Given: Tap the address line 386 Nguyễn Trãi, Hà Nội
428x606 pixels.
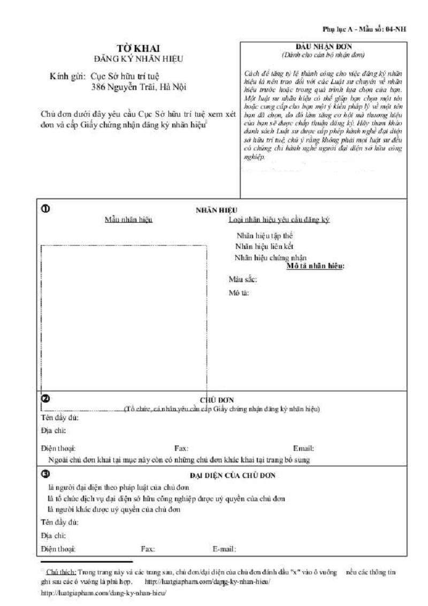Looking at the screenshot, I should click(x=139, y=86).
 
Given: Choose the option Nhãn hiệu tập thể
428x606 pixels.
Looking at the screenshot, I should click(x=264, y=235).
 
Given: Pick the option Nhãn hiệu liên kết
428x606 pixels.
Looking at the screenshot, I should click(x=264, y=246).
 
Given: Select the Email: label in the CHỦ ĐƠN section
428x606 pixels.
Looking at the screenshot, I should click(x=303, y=449).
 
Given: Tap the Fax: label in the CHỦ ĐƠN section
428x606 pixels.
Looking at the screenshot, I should click(x=181, y=449).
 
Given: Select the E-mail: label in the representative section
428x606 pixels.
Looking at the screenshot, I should click(x=224, y=548).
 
